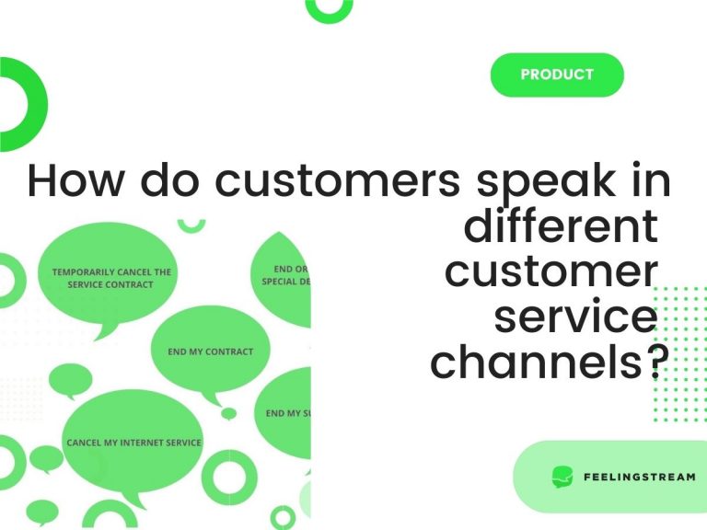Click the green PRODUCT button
557,75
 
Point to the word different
561,226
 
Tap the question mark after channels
653,363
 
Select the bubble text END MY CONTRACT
211,351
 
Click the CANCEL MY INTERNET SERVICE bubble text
133,443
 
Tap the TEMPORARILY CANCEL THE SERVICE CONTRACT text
110,278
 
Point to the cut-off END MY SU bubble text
288,413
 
